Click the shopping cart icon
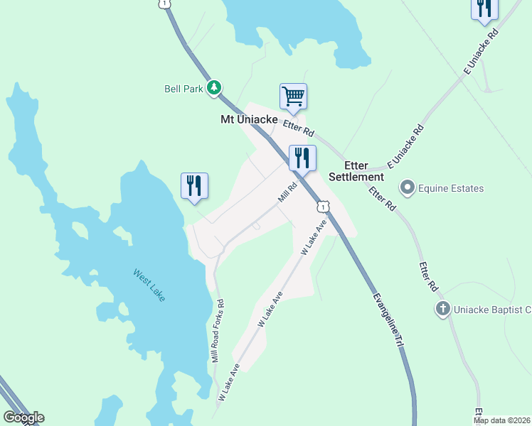click(293, 96)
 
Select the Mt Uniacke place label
click(248, 120)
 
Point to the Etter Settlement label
click(356, 171)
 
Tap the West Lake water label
click(149, 284)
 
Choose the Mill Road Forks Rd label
click(218, 332)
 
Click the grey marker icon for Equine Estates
click(407, 188)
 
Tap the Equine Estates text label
click(451, 189)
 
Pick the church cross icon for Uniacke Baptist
click(442, 309)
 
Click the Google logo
click(23, 417)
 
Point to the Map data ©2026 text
click(502, 420)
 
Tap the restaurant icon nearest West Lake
click(194, 185)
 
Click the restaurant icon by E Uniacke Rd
click(484, 8)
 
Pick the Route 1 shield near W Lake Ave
click(324, 206)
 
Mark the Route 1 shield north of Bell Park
click(165, 4)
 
